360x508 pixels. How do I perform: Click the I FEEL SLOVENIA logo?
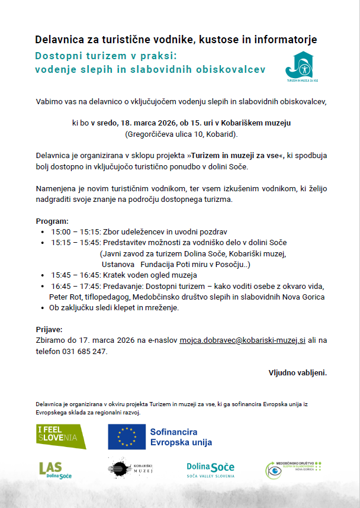(61, 436)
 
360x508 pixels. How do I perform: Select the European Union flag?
(126, 437)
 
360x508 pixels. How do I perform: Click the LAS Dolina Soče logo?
(55, 470)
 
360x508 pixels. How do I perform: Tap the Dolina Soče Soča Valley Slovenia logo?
(210, 470)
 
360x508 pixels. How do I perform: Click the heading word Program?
(52, 221)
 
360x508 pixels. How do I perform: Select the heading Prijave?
(49, 329)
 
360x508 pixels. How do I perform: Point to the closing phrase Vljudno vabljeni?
(297, 373)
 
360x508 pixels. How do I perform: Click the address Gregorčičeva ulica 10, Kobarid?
(181, 134)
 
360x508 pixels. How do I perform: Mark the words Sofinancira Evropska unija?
(181, 437)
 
